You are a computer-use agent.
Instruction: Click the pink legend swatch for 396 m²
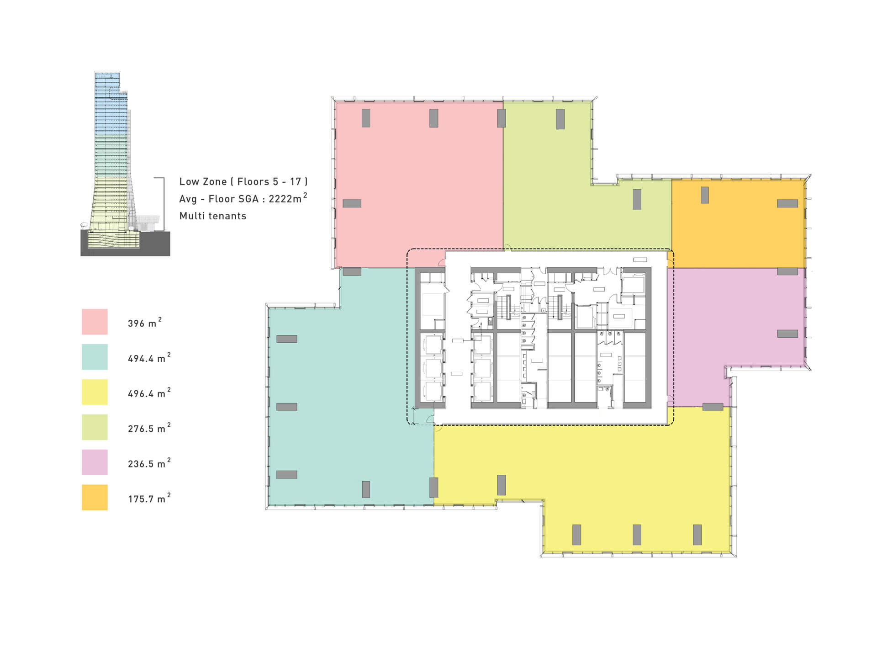95,322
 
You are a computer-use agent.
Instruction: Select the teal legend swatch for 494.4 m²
95,357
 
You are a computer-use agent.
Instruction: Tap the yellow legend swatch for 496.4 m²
95,392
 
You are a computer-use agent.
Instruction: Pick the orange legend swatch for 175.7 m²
95,497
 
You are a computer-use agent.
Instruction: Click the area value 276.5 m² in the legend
149,428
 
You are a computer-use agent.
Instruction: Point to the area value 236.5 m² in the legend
149,463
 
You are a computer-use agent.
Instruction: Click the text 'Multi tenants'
213,216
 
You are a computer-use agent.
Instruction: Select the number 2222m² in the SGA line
288,198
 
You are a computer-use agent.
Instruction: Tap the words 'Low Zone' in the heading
203,181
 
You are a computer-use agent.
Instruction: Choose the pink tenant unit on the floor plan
419,183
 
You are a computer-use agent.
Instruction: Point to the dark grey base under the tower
125,244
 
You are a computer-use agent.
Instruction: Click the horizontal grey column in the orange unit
787,203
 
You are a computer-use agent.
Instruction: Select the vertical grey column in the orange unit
705,195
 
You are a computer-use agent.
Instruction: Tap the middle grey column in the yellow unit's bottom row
637,535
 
